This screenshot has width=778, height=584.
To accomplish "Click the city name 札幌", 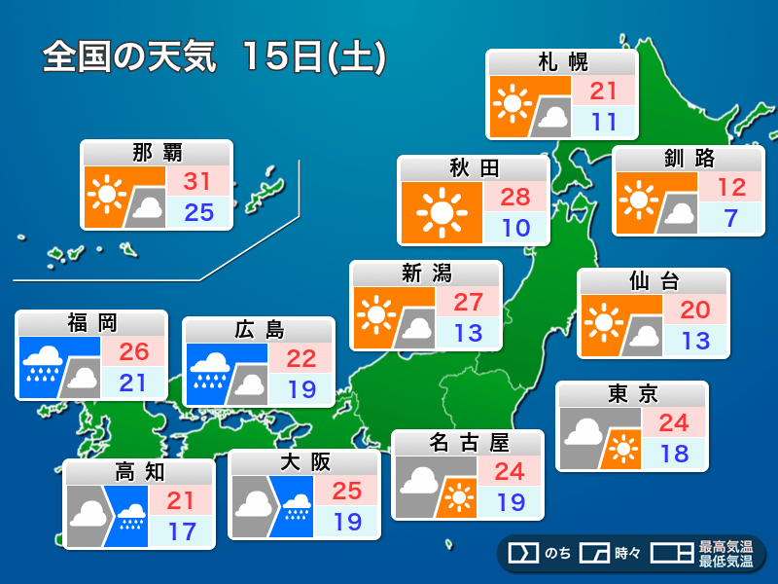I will pos(562,63).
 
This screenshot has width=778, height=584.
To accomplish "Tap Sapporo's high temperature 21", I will pos(604,91).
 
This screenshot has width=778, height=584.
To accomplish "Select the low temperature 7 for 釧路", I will pos(729,218).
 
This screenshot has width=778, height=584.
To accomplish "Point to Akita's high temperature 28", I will pos(515,198).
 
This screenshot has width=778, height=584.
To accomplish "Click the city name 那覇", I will pos(157,153).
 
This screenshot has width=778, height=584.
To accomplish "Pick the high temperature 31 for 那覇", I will pos(198,181).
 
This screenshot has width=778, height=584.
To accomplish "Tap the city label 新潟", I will pos(426,274).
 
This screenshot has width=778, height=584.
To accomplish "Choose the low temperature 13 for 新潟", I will pos(467,332).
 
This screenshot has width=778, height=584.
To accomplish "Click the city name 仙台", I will pos(654,283).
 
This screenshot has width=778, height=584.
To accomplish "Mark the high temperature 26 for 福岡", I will pos(132,351).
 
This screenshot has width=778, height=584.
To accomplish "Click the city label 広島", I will pos(259,330).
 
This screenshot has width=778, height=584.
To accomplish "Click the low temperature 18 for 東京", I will pos(673,453).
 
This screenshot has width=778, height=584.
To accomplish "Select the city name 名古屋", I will pos(469,443).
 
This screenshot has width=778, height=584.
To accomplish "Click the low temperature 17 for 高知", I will pos(182,532).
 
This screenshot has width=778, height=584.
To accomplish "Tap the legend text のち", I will pos(557,554).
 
